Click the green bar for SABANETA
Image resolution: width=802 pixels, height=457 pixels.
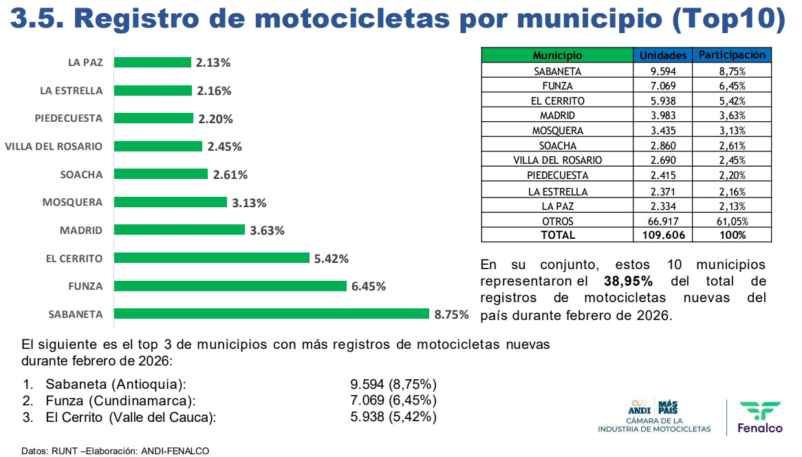pyautogui.click(x=272, y=314)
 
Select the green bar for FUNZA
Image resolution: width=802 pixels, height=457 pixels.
pyautogui.click(x=230, y=286)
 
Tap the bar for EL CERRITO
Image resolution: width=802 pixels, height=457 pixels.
pyautogui.click(x=211, y=258)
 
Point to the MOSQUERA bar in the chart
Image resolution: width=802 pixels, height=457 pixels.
pyautogui.click(x=170, y=202)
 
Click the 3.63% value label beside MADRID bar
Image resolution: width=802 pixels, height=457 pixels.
pyautogui.click(x=267, y=231)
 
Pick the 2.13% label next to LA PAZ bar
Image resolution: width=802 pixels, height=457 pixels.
pyautogui.click(x=213, y=63)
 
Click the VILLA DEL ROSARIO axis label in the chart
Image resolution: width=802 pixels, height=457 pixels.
pyautogui.click(x=54, y=146)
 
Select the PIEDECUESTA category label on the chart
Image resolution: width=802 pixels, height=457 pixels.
pyautogui.click(x=68, y=118)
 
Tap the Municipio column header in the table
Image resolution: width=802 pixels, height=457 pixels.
pyautogui.click(x=557, y=56)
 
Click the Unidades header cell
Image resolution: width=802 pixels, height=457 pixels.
pyautogui.click(x=663, y=56)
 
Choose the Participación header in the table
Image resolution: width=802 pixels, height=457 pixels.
pyautogui.click(x=732, y=55)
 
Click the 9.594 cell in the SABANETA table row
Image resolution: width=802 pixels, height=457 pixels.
pyautogui.click(x=663, y=71)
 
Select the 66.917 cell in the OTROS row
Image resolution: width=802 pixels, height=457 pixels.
pyautogui.click(x=663, y=221)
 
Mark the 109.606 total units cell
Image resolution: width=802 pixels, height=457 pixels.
pyautogui.click(x=663, y=235)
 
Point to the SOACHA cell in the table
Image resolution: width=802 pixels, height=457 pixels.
pyautogui.click(x=557, y=146)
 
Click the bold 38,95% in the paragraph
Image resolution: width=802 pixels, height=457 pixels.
pyautogui.click(x=628, y=281)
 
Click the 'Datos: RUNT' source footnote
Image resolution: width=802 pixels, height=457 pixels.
pyautogui.click(x=115, y=451)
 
